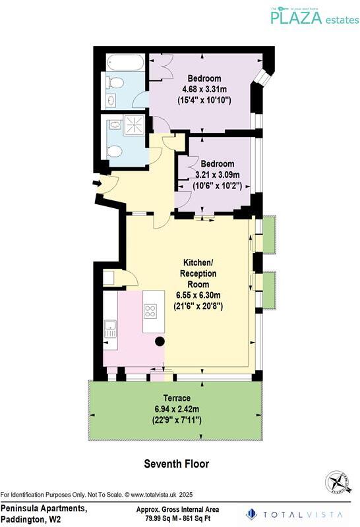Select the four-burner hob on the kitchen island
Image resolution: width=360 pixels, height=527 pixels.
click(x=150, y=311)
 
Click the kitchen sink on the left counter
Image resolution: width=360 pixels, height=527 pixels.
click(x=109, y=328)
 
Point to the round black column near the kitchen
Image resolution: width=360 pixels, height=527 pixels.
click(x=160, y=341)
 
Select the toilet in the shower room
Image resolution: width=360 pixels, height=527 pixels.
click(x=114, y=152)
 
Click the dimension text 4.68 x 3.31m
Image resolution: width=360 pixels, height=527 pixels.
click(x=203, y=90)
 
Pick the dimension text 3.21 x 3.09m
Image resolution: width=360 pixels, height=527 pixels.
click(x=217, y=175)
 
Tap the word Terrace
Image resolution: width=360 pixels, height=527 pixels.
click(x=177, y=399)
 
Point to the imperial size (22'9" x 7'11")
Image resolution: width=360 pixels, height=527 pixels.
click(x=177, y=420)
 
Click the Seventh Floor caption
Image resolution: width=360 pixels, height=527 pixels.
click(x=177, y=464)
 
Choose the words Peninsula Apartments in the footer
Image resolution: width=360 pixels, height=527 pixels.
click(x=43, y=509)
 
